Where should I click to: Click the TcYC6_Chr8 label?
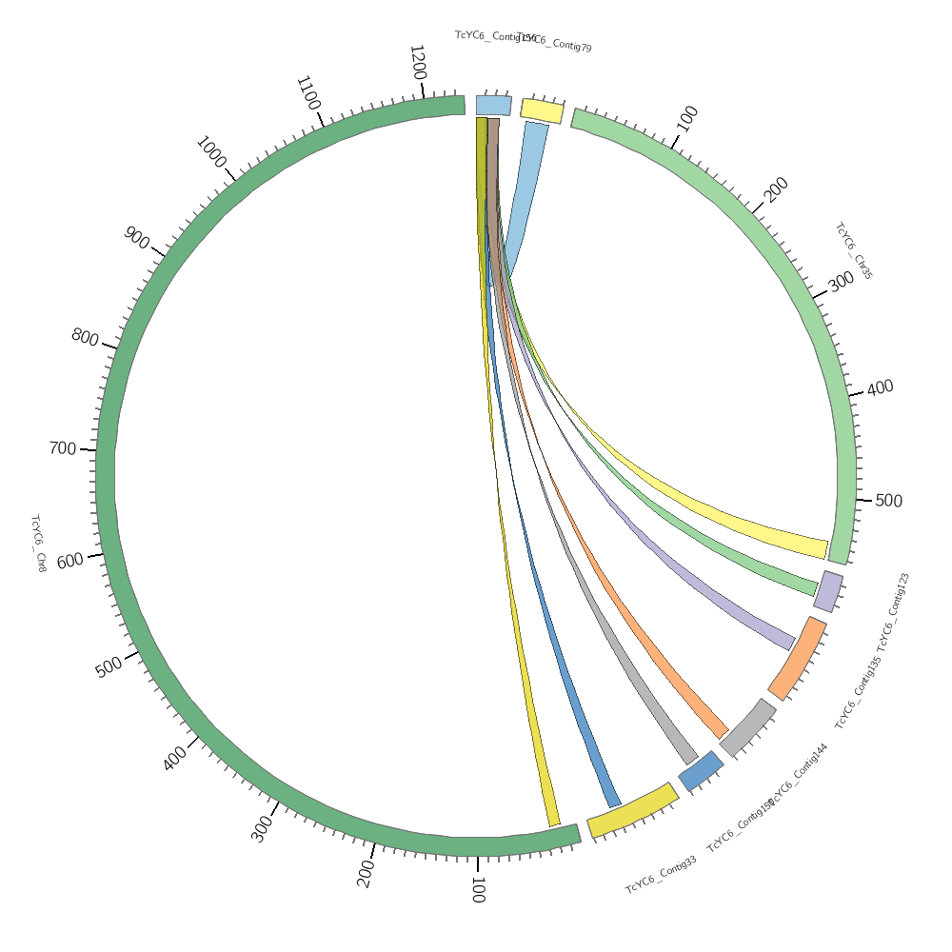point(38,544)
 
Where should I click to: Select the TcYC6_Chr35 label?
point(853,251)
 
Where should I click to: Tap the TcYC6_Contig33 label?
point(661,874)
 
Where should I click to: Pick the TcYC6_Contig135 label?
point(859,693)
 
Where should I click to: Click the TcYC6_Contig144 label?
point(798,773)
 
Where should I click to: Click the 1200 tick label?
point(417,63)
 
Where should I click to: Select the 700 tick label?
point(62,447)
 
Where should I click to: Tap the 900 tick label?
point(136,238)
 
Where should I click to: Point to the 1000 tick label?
point(210,151)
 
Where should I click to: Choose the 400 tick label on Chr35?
point(881,387)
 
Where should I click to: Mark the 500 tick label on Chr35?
point(888,501)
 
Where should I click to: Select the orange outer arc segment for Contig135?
point(798,658)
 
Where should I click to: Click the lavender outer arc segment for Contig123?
point(828,590)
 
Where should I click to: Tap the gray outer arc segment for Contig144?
point(748,727)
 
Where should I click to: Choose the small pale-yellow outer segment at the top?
point(542,109)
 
